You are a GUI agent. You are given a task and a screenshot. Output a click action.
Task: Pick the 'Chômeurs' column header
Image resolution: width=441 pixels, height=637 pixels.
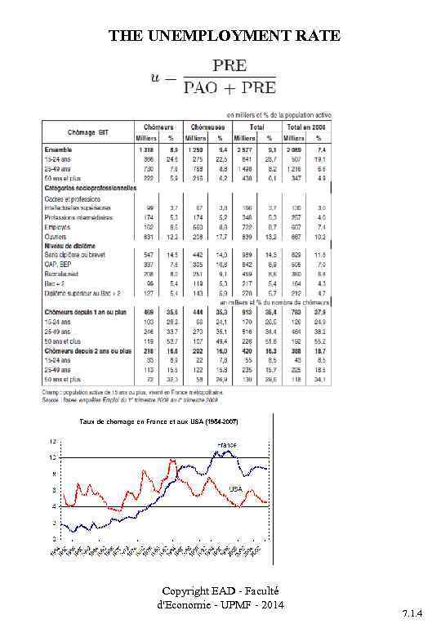[158, 127]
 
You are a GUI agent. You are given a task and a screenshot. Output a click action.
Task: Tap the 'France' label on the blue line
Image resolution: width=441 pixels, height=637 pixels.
[227, 443]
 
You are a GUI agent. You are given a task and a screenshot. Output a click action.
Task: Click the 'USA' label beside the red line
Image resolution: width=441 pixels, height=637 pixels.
[236, 488]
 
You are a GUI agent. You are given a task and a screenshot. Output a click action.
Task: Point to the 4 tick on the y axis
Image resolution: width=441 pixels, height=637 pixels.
[55, 506]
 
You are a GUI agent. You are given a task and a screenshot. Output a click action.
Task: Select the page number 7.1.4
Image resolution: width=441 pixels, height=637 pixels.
[415, 623]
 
